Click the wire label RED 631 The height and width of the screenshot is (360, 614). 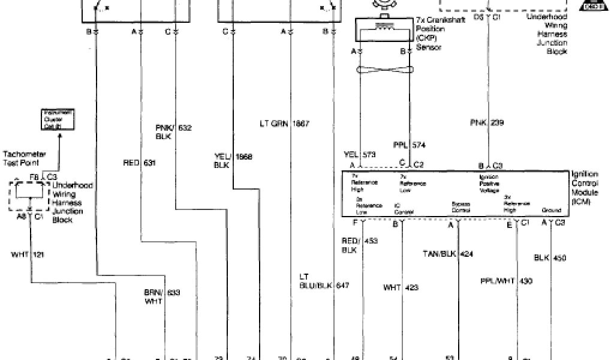(x=136, y=162)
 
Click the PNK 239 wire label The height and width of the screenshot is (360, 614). (x=487, y=123)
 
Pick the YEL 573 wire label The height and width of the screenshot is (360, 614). (x=360, y=155)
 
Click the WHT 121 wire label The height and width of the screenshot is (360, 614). (x=28, y=255)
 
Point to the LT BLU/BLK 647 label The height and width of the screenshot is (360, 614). (x=324, y=281)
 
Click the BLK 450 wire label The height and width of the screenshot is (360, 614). (x=550, y=259)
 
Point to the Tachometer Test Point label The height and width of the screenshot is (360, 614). (x=24, y=158)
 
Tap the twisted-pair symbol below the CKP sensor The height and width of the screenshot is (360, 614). (x=384, y=71)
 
